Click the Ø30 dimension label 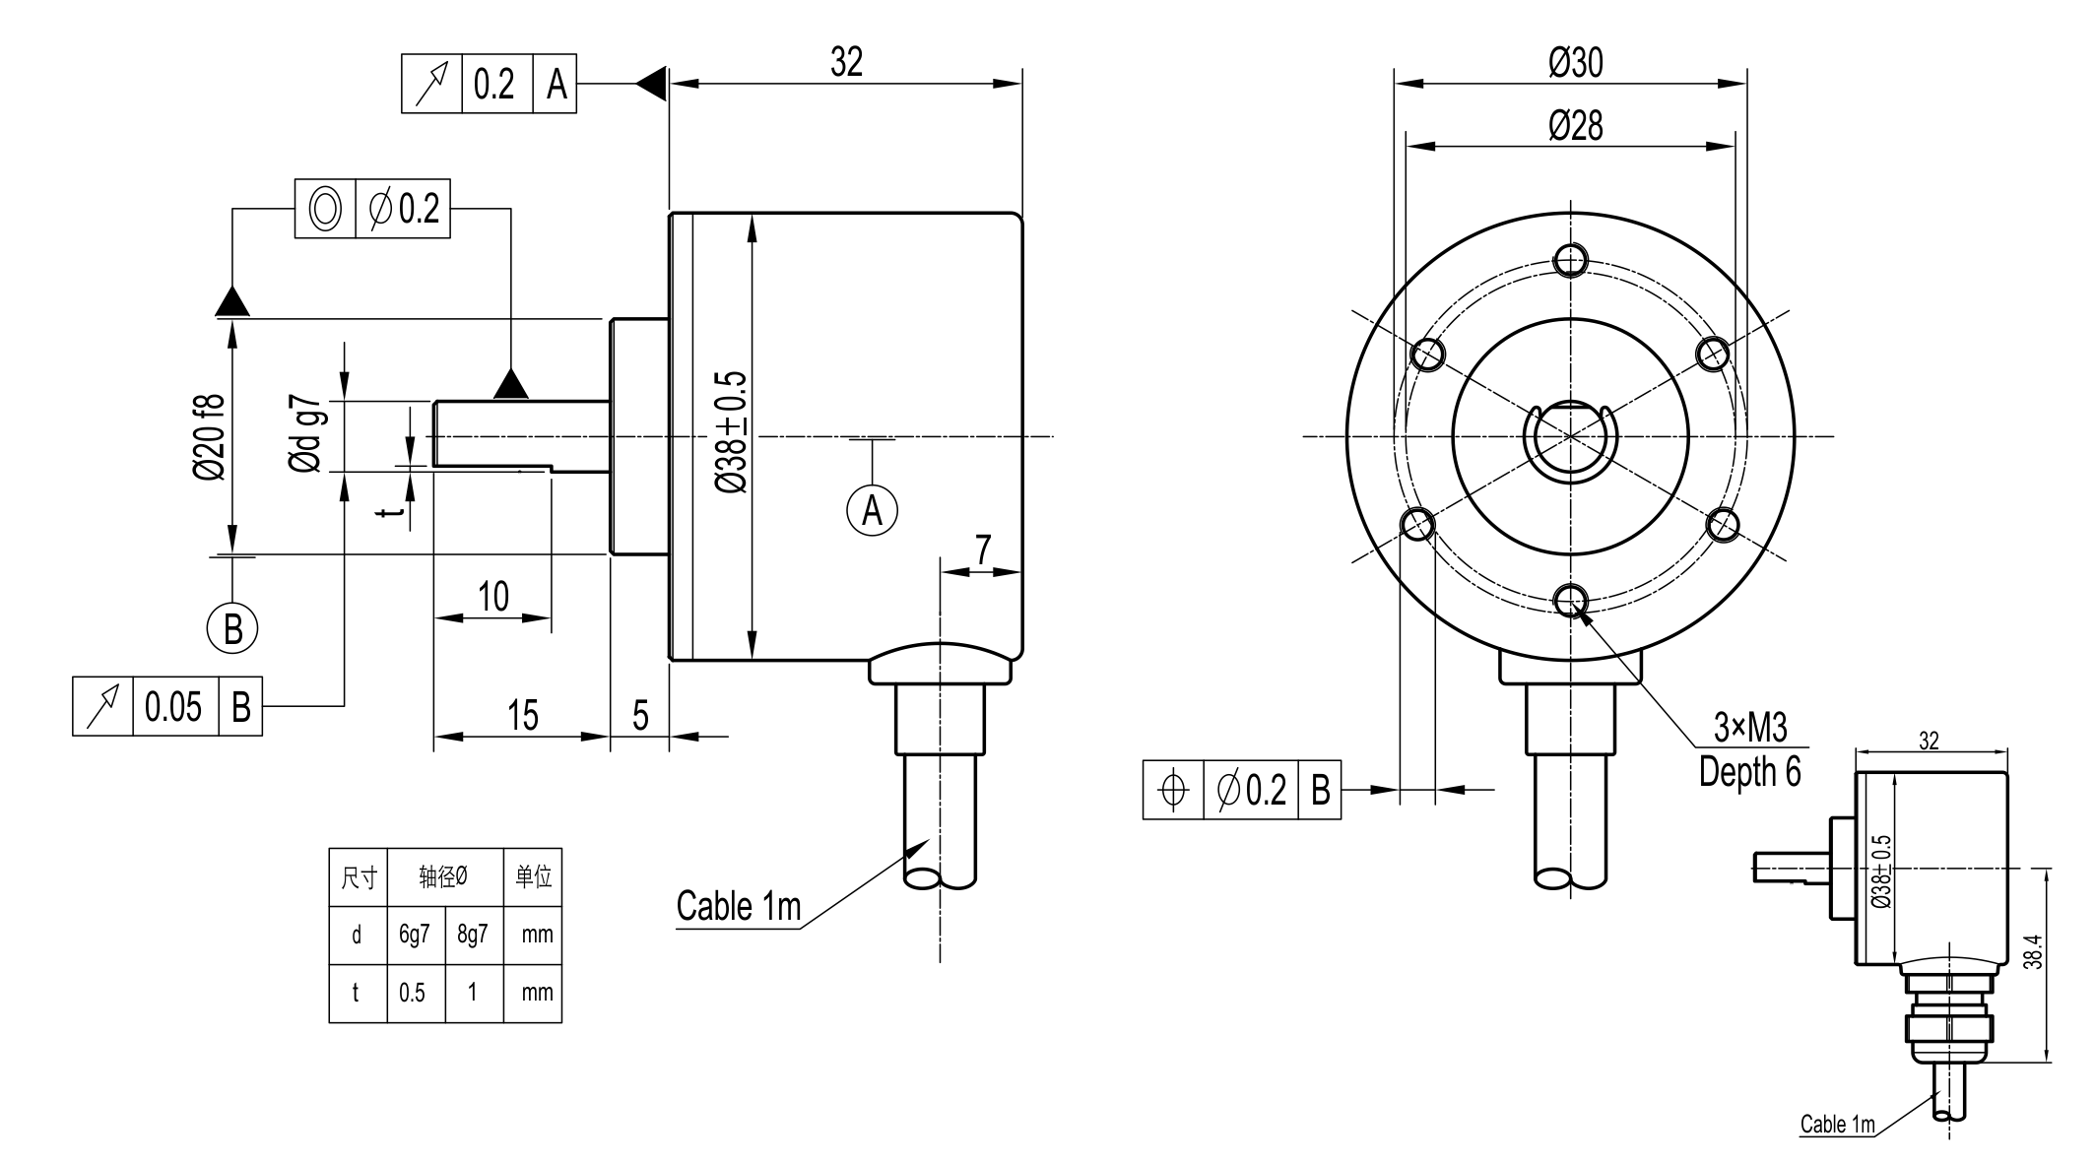(x=1575, y=63)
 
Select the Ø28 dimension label (x=1575, y=126)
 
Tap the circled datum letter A (x=872, y=510)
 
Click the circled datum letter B (x=232, y=628)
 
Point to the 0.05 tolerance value (x=173, y=706)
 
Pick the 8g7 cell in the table (x=473, y=934)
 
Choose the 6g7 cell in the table (x=414, y=934)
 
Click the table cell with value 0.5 (x=413, y=992)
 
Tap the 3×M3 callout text (x=1749, y=727)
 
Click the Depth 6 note (x=1749, y=771)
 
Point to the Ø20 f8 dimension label (x=210, y=436)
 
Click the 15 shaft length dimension (x=523, y=715)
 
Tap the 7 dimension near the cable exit (x=983, y=550)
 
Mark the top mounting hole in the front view (x=1570, y=261)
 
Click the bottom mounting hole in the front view (x=1570, y=598)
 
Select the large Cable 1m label (x=739, y=906)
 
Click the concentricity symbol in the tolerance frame (x=325, y=209)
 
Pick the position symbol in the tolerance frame (x=1173, y=790)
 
